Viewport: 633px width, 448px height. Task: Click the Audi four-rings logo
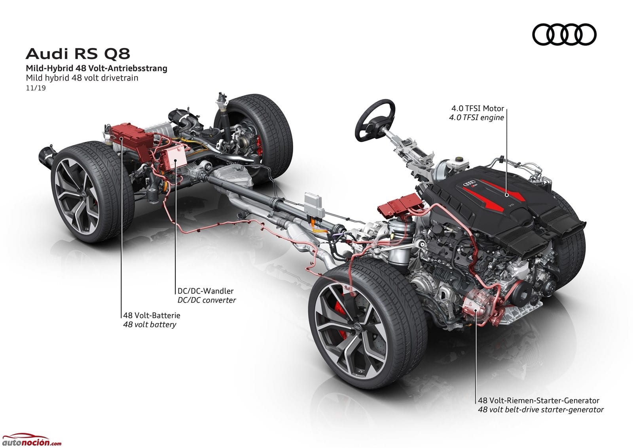[564, 34]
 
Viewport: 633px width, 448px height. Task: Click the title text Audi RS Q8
[78, 53]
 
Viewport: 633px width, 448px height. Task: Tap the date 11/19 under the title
[36, 88]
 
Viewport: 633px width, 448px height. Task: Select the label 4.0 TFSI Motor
[478, 108]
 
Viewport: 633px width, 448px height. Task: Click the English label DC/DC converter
[207, 300]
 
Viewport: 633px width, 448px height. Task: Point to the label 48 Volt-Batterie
[152, 315]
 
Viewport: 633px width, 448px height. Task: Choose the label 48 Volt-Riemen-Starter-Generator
[538, 400]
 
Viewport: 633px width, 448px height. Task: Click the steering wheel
[375, 120]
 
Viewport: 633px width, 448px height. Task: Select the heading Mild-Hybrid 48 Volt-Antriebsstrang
[97, 68]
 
